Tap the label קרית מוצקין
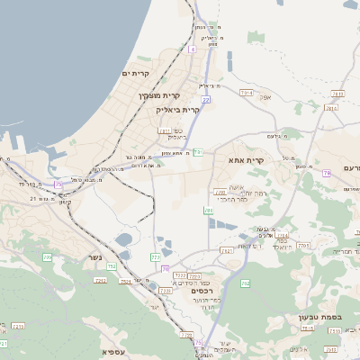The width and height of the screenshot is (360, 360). (159, 95)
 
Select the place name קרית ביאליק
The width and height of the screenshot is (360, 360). (176, 109)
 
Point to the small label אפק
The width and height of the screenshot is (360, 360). (265, 96)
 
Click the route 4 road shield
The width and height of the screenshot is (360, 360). (192, 49)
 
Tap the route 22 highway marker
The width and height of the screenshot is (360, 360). (206, 100)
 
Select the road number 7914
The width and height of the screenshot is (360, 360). (247, 92)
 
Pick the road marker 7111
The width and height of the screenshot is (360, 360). (165, 130)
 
